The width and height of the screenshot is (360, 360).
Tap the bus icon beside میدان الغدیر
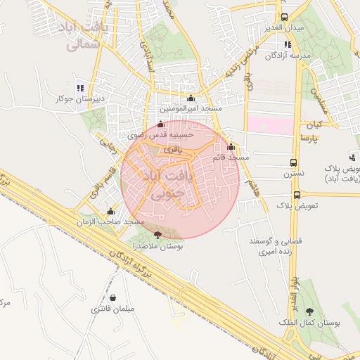point(283,17)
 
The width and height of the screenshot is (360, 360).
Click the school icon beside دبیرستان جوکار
point(80,89)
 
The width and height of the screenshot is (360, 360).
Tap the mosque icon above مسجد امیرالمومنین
point(191,98)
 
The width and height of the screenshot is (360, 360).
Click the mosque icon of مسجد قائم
point(231,147)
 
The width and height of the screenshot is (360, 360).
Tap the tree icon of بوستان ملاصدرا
point(156,236)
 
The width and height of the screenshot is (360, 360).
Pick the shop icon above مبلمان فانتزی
point(112,298)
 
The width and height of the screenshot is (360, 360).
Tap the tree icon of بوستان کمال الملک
point(310,312)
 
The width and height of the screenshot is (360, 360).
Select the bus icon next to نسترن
point(294,161)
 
